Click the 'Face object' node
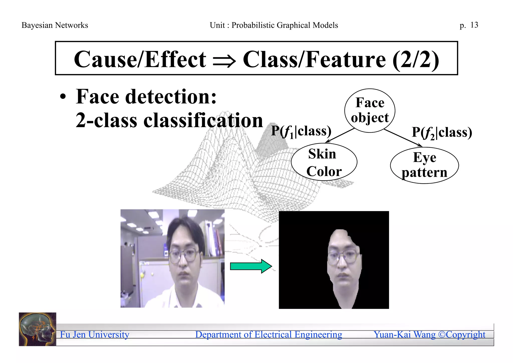pos(370,110)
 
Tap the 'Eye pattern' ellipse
pos(424,165)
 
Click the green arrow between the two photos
pos(251,266)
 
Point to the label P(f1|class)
pos(301,131)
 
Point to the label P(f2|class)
pos(442,133)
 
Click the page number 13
pos(474,25)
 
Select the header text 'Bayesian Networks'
pos(55,25)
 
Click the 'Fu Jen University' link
pos(94,334)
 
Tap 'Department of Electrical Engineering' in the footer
pos(269,334)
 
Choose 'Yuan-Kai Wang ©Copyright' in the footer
pos(429,334)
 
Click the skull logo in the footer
pos(38,329)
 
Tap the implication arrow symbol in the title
pos(224,61)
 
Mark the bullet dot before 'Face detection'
pos(63,97)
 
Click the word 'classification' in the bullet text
pos(203,121)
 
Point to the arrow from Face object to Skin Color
pos(340,136)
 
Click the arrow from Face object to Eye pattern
pos(403,138)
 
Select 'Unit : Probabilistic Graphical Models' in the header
pos(274,25)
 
